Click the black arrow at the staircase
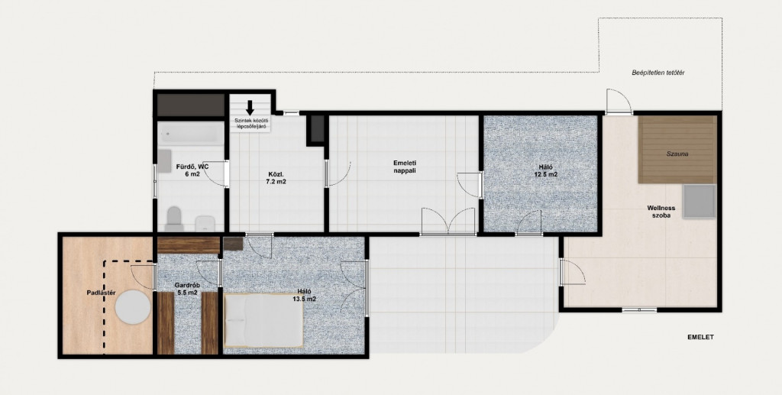click(x=250, y=108)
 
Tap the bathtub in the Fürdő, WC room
click(x=192, y=134)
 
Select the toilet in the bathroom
click(x=174, y=219)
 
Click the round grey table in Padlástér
click(x=133, y=307)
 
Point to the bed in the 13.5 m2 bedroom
click(x=263, y=320)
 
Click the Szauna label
click(x=677, y=154)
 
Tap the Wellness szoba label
click(x=661, y=212)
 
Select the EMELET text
click(x=701, y=337)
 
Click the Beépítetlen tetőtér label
click(x=658, y=73)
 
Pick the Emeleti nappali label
click(x=405, y=167)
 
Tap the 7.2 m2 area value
click(x=276, y=182)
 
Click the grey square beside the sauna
click(x=700, y=202)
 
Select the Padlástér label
click(x=101, y=293)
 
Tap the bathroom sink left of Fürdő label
click(x=165, y=160)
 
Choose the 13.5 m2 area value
click(x=304, y=299)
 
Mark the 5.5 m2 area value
click(x=186, y=293)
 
